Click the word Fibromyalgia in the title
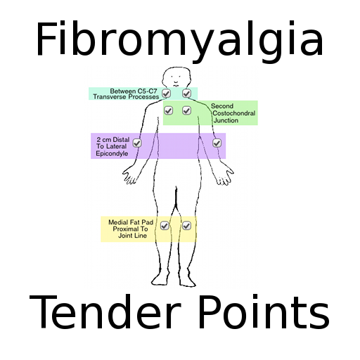pos(179,41)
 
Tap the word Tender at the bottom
pos(105,312)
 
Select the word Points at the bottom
pos(264,312)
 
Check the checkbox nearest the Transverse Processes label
pos(166,94)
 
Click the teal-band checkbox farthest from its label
pos(186,94)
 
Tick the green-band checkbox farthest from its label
pos(168,110)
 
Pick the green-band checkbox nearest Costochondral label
pos(186,110)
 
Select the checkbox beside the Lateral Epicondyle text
pos(137,143)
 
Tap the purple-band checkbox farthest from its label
pos(217,143)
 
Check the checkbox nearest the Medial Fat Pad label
pos(165,226)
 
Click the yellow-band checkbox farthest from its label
pos(186,226)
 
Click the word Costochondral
pos(233,113)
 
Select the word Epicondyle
pos(112,154)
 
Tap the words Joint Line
pos(132,236)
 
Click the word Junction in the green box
pos(226,120)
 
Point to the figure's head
pos(176,77)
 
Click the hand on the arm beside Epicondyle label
pos(129,174)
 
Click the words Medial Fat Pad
pos(131,222)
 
